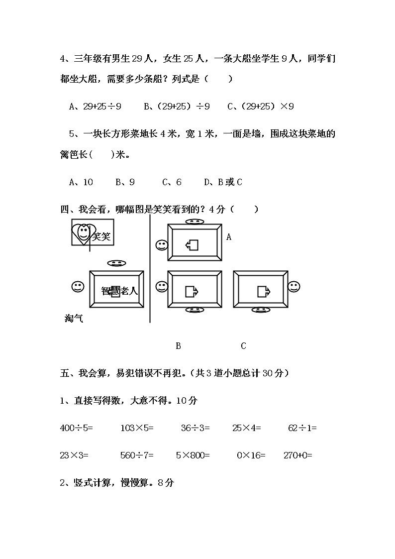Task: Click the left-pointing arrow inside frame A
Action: [x=192, y=244]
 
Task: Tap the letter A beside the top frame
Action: [x=229, y=237]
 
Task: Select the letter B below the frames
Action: [x=178, y=346]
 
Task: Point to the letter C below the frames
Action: [x=243, y=346]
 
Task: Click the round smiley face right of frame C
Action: [x=294, y=287]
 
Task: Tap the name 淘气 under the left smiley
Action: [x=74, y=319]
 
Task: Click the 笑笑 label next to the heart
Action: [x=101, y=236]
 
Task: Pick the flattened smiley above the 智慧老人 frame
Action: [x=116, y=263]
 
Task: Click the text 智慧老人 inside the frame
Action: [x=119, y=291]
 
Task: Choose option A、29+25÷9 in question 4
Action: [x=96, y=106]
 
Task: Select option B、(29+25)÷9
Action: [x=177, y=106]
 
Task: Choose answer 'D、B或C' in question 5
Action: [x=223, y=182]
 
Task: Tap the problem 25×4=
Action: [x=246, y=428]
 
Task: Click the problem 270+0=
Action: [x=297, y=455]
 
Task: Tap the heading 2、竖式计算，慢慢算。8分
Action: [x=117, y=482]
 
